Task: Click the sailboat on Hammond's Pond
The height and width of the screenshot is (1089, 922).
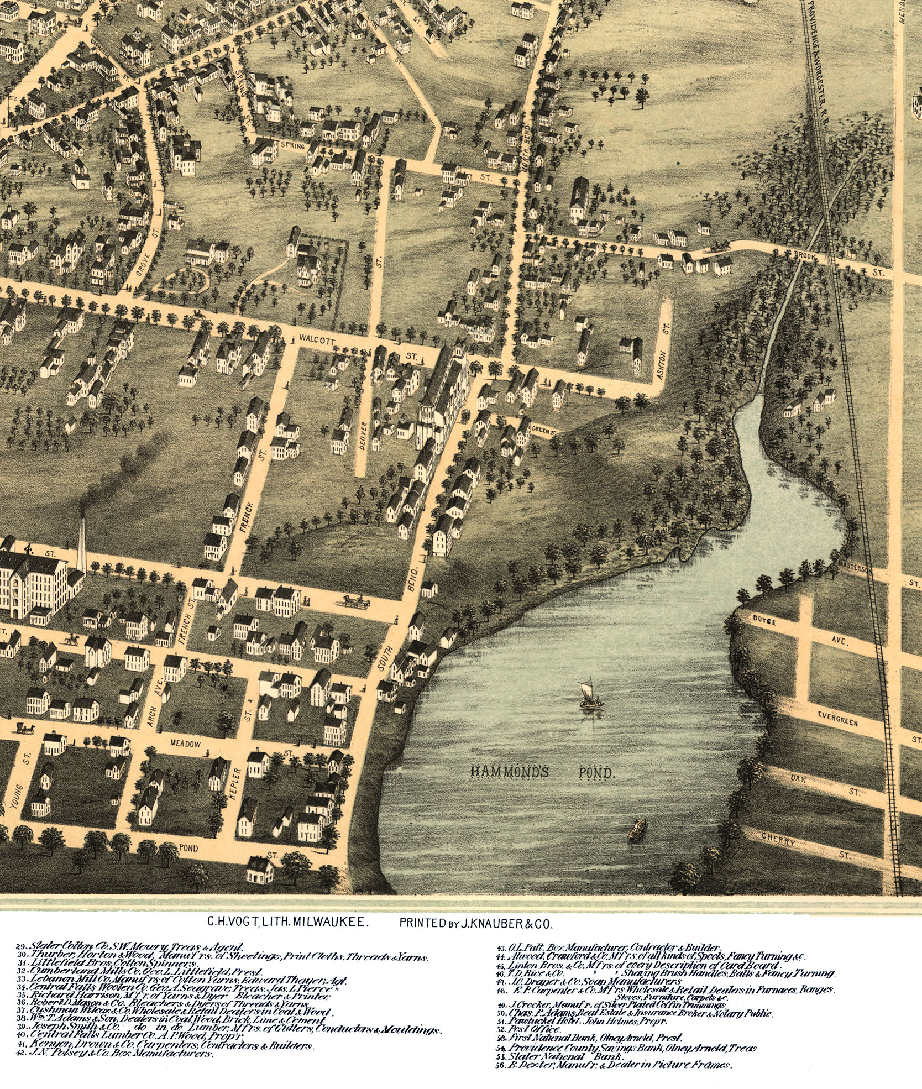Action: click(x=590, y=695)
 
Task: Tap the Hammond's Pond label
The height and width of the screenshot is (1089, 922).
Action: click(x=542, y=772)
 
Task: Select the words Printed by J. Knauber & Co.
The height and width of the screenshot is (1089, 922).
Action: click(x=476, y=922)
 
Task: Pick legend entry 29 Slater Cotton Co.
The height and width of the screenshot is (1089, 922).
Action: click(x=130, y=946)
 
